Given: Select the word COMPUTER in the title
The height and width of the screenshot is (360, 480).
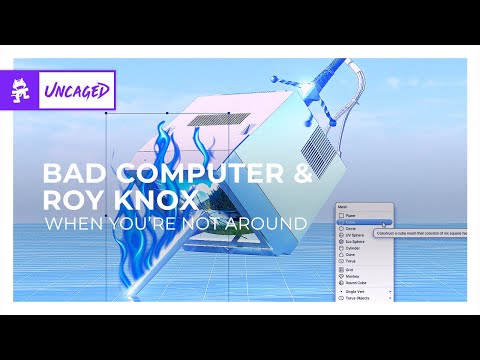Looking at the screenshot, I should click(202, 173).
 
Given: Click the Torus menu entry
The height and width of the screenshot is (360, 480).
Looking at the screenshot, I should click(351, 262).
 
